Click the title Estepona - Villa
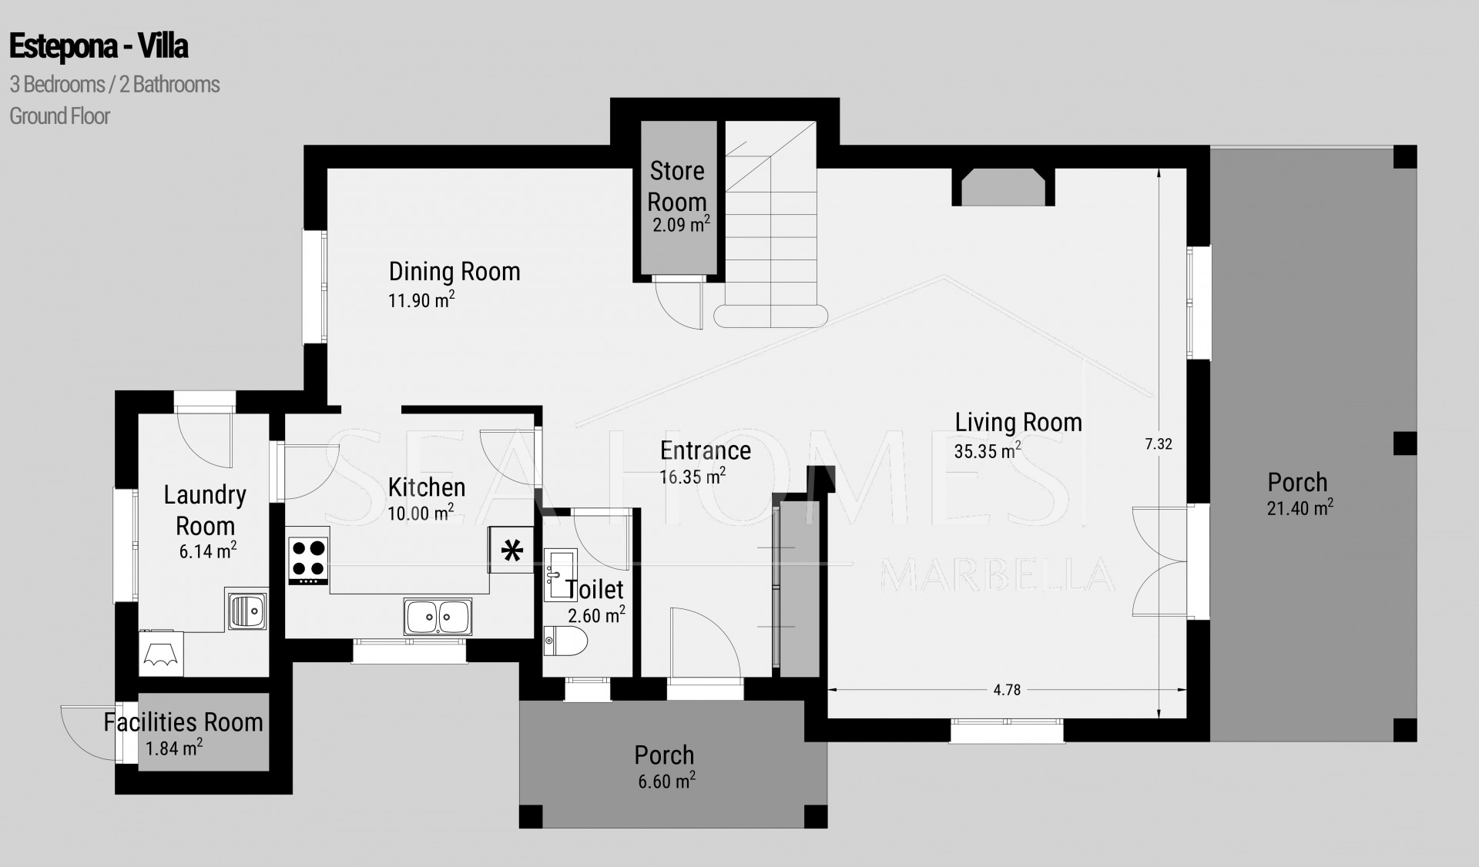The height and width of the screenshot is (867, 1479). coord(99,47)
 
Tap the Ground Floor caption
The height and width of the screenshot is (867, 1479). coord(59,116)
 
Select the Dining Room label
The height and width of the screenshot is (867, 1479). coord(454,271)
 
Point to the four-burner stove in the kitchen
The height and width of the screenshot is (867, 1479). coord(308,560)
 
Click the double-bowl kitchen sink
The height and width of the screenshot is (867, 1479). coord(438,617)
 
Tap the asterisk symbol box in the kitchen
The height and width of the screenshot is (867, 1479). coord(511,550)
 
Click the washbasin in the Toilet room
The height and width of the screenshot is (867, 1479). coord(560,574)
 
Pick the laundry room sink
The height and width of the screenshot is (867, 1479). coord(246,609)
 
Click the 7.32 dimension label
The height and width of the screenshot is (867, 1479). coord(1159,444)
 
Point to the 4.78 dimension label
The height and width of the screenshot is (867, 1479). coord(1007,690)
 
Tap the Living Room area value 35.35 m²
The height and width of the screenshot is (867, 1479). coord(988,450)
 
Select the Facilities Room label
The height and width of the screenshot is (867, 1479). coord(183,722)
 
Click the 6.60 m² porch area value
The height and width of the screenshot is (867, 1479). coord(666,781)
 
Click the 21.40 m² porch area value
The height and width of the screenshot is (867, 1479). coord(1300,507)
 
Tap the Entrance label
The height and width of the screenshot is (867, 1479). coord(706,450)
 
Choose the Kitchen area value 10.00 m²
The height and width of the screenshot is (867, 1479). coord(421,512)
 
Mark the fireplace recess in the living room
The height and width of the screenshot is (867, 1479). coord(1004,187)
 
